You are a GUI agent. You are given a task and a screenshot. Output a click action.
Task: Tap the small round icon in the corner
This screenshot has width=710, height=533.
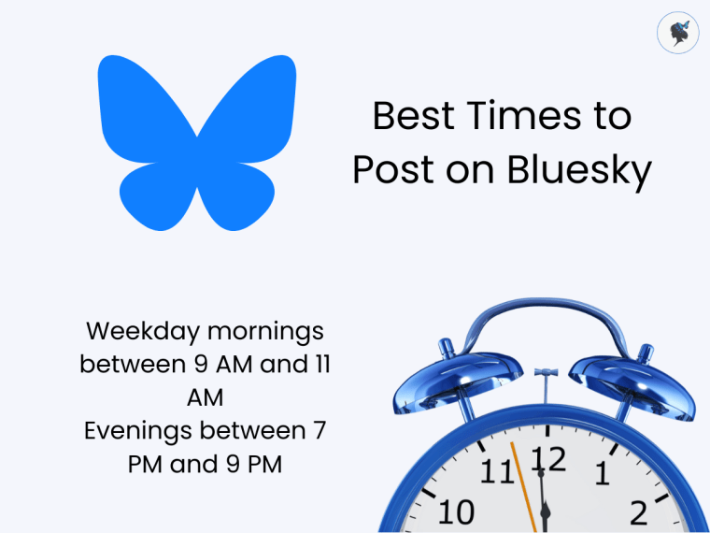point(677,33)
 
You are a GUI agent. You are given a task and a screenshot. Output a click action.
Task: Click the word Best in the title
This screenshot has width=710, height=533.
point(406,117)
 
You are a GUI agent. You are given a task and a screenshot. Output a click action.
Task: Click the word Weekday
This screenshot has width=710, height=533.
point(142,331)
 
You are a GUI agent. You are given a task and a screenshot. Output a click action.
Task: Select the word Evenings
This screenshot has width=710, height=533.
point(143,431)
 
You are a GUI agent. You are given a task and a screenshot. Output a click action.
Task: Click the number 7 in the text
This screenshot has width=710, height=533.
point(319,431)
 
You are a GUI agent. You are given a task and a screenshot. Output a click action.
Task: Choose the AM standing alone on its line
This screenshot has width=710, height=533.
point(205,397)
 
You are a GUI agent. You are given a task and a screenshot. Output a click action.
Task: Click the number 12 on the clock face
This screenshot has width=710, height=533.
point(549,460)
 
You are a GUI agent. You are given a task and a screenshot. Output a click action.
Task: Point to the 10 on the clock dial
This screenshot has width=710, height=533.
point(455,512)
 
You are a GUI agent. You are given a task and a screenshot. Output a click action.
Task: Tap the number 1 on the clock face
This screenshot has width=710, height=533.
point(603,474)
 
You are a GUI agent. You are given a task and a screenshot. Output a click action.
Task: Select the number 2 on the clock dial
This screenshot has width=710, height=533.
point(639,512)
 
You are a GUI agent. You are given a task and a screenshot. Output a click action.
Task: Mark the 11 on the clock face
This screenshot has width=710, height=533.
point(496,472)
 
